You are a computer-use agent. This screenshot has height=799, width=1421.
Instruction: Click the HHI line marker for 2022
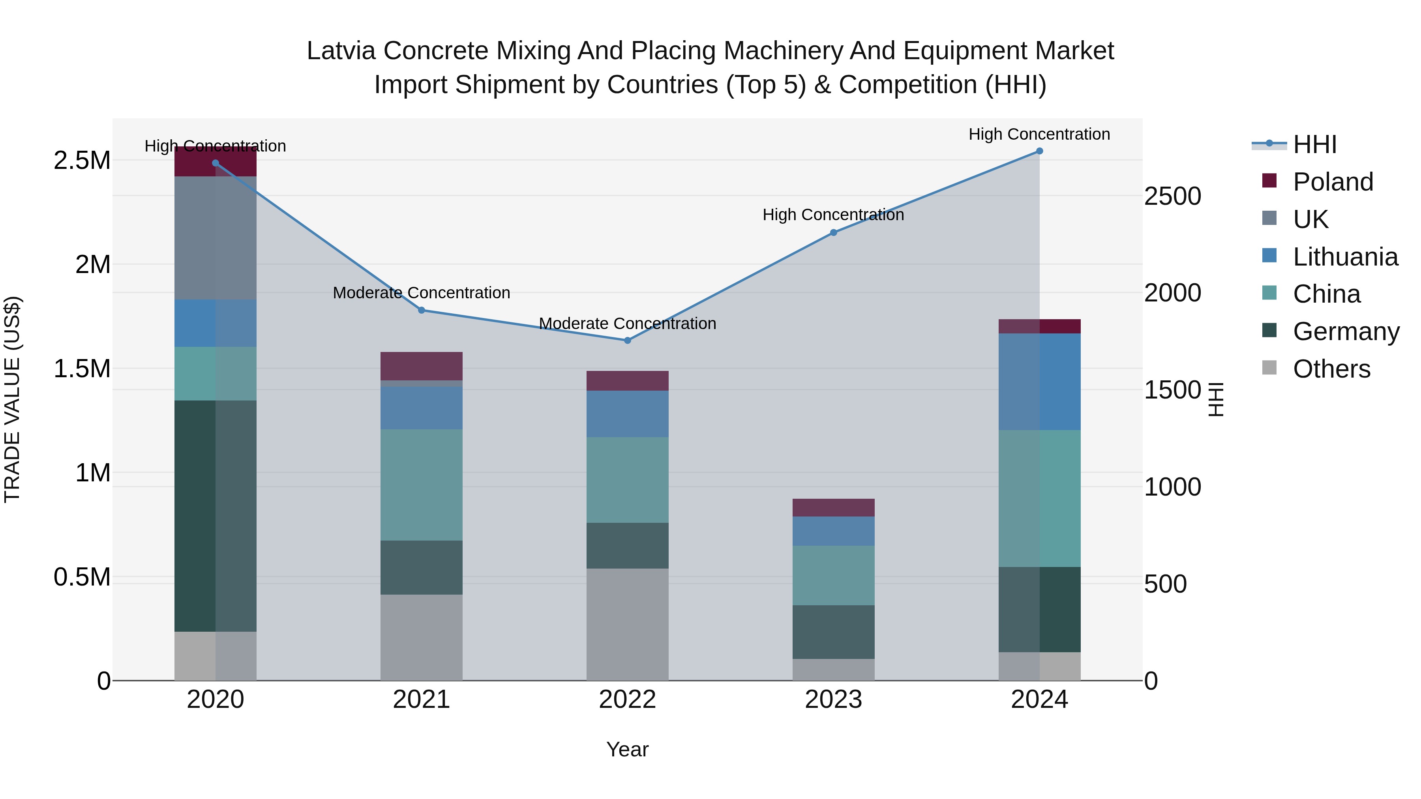coord(627,340)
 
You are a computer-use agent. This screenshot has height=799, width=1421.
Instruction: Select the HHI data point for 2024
coord(1039,151)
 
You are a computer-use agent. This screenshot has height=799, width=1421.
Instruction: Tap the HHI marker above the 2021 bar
coord(422,310)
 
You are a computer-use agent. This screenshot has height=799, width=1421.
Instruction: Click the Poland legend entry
coord(1332,182)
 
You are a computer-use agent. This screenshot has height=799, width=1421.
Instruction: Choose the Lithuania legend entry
coord(1344,257)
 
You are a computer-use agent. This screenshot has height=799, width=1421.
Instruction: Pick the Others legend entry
coord(1331,369)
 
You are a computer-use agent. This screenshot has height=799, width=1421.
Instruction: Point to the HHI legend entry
coord(1314,144)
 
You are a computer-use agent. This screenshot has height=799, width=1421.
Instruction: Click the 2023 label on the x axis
coord(833,700)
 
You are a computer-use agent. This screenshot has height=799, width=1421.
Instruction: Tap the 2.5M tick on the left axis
coord(82,161)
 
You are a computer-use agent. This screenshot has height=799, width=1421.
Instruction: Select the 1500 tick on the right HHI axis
coord(1173,390)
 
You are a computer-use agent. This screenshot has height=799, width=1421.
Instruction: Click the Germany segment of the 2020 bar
coord(215,516)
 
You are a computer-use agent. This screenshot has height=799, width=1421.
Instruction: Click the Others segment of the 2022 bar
coord(627,624)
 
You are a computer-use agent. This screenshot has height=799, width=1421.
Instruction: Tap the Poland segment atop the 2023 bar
coord(833,507)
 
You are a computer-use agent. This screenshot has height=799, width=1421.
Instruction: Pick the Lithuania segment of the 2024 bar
coord(1039,382)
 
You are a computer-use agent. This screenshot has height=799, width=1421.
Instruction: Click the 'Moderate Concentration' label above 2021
coord(422,293)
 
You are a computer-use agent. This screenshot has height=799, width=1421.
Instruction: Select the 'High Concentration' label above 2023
coord(833,215)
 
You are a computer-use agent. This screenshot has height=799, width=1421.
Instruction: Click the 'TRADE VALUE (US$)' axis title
coord(12,399)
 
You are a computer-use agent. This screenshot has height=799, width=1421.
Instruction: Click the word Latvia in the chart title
coord(342,51)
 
